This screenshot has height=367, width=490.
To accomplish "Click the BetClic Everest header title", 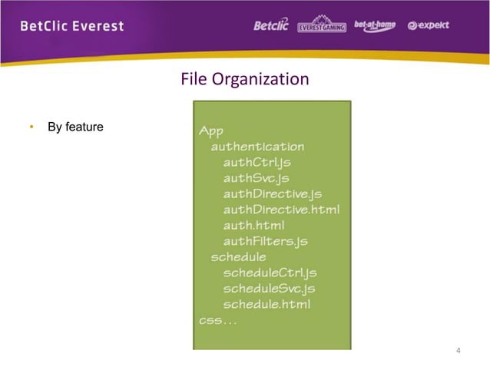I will (71, 26).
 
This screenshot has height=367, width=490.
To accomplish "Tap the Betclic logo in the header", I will (271, 25).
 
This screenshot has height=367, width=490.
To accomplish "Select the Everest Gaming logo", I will (321, 25).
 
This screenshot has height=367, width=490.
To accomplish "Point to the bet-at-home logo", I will (374, 25).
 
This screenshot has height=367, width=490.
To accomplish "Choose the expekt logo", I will (428, 25).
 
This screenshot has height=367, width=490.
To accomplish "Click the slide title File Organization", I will (244, 79).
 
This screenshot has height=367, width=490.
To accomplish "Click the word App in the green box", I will (212, 130).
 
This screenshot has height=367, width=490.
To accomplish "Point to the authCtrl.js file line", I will (257, 162).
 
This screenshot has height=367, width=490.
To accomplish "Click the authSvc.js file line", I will (256, 178).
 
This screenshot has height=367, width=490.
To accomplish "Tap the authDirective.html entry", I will (281, 209).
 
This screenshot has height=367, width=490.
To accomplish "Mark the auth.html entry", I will (253, 225).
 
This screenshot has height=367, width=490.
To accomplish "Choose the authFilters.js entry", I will (265, 241).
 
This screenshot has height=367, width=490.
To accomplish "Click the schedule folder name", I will (238, 256).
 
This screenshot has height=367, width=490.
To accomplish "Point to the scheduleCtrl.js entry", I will (270, 273).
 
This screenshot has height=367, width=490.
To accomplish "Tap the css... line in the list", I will (218, 320).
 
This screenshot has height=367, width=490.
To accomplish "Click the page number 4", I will (458, 352).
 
